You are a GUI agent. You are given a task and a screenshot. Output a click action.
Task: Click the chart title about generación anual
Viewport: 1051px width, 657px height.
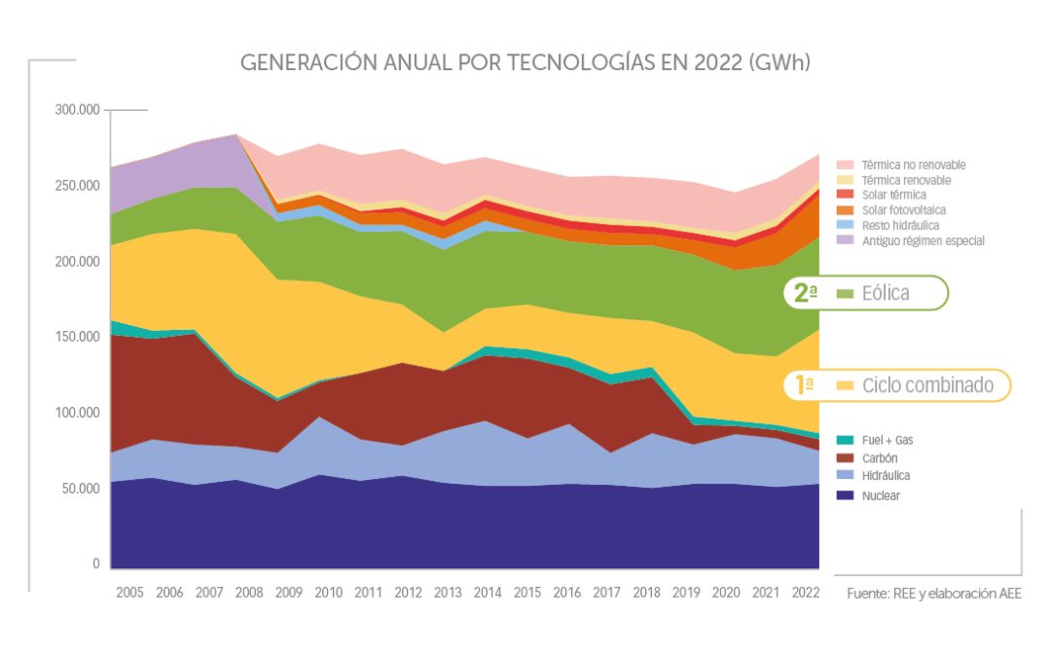[525, 63]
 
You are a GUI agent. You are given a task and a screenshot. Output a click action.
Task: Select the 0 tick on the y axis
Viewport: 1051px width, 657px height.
[95, 564]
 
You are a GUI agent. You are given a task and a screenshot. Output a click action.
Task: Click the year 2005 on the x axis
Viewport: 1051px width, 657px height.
[129, 593]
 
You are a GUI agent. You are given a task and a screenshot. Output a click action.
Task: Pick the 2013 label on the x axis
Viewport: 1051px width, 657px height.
[447, 593]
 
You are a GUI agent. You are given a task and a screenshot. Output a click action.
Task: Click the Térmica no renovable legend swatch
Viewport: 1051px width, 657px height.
[844, 164]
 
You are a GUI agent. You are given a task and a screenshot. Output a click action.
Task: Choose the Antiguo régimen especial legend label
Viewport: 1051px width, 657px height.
[923, 240]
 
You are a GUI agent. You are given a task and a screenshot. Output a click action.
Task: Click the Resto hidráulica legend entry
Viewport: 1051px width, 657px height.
[898, 225]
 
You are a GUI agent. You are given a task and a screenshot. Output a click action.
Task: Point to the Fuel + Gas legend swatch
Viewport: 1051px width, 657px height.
[844, 440]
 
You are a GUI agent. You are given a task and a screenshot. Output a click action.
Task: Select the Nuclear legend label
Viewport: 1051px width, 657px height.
[882, 495]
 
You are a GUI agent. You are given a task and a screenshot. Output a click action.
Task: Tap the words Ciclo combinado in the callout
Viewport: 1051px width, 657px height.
[928, 385]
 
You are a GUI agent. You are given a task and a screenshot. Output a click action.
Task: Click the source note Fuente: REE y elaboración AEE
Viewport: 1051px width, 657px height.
[933, 593]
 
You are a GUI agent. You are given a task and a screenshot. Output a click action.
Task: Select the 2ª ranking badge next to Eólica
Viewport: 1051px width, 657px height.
[805, 293]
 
